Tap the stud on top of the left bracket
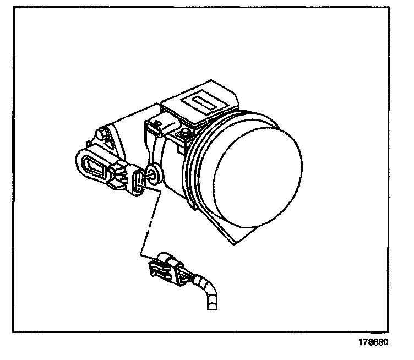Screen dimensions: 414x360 [101, 134]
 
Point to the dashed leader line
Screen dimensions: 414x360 [150, 220]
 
